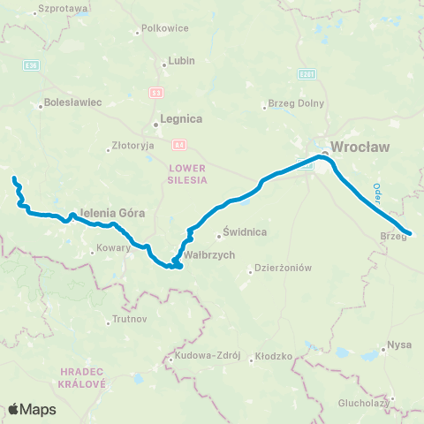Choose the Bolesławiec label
[73, 102]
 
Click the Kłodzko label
[274, 358]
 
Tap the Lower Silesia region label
[186, 173]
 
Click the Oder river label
[375, 190]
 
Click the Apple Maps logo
[33, 409]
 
